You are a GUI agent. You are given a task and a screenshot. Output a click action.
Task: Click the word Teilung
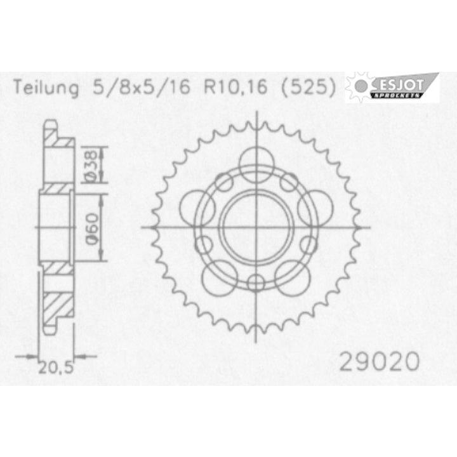(43, 88)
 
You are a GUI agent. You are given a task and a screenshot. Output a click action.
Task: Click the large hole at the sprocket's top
(256, 157)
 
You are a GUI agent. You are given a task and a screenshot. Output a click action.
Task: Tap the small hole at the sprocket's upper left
(223, 183)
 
